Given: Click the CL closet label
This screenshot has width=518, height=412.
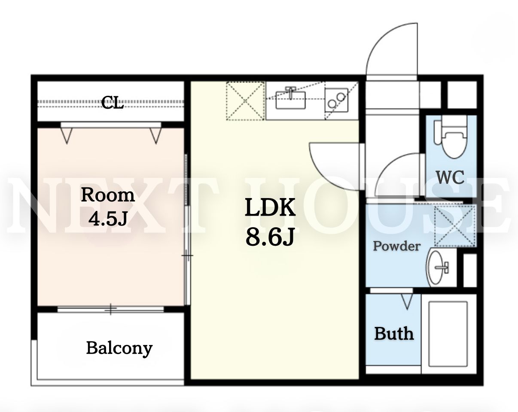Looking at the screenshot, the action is coord(113,103).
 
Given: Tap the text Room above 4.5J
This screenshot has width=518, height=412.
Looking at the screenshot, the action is coord(108,195).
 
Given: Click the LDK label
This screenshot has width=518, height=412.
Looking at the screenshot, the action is coord(270,207).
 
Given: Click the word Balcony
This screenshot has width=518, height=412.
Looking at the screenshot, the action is coord(119,349).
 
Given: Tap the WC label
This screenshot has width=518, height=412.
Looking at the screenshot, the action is coord(450,177).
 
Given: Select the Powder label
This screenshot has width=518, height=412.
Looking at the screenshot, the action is coord(397,246).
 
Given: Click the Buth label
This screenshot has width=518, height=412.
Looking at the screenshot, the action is coord(394,333).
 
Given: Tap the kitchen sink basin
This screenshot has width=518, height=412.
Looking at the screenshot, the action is coord(290,100).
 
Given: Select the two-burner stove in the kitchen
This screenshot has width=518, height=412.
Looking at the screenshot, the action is coord(336,100).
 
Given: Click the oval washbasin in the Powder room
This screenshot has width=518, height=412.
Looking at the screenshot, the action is coord(435,268).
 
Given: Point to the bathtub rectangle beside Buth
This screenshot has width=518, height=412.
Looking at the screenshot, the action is coord(448,334).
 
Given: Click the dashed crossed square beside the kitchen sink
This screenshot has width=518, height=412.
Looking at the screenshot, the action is coord(245,101).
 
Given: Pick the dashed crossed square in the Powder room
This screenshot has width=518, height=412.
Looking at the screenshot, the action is coord(455,226).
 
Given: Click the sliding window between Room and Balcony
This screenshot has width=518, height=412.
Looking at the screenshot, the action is coord(110,309).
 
